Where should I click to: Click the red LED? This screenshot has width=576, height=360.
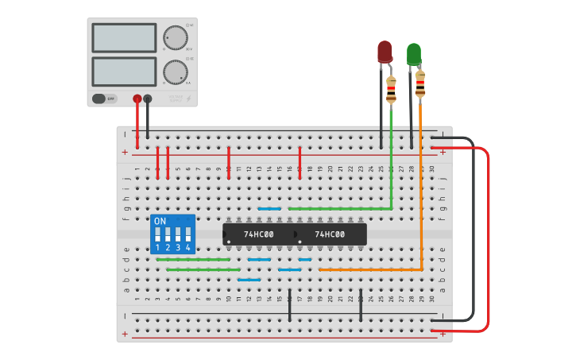coord(385,52)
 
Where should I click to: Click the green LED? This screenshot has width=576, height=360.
coord(414,54)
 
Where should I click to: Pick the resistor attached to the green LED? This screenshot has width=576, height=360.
coord(419,83)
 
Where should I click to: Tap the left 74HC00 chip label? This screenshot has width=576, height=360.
coord(258,234)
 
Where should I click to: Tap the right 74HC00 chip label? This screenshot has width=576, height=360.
coord(330,234)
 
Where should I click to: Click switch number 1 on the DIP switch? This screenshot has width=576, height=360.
coord(158,234)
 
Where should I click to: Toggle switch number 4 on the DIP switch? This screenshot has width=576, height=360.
coord(188,234)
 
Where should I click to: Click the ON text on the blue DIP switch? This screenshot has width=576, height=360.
coord(160,221)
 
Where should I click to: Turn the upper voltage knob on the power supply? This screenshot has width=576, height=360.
coord(174,37)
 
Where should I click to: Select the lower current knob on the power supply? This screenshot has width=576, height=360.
coord(174,72)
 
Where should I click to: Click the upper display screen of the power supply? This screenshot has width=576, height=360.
coord(124,37)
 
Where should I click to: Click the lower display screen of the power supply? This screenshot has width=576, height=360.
coord(124,72)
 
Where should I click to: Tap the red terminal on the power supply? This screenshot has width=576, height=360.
coord(137,99)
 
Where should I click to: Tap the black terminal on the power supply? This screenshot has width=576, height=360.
coord(148,99)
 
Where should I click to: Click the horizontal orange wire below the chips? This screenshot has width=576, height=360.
coord(369,269)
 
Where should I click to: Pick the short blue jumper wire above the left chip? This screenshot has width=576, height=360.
coord(269,208)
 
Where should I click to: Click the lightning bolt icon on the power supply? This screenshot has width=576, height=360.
coord(188,99)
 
